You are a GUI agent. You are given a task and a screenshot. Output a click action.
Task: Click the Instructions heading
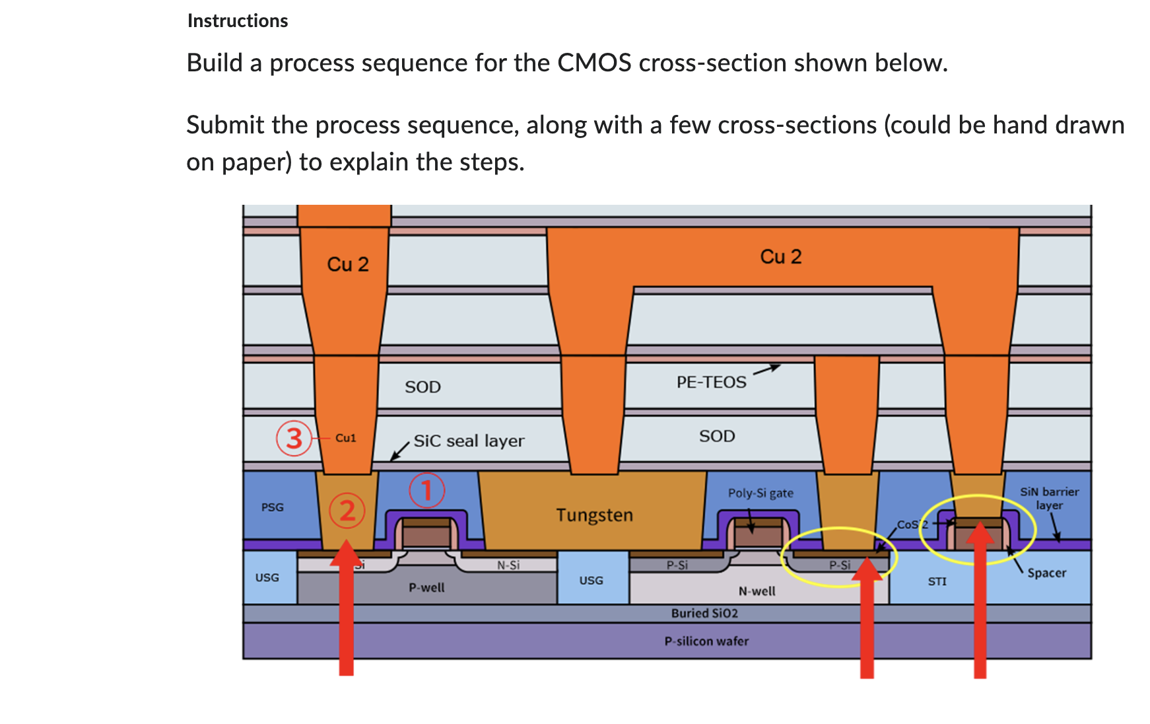coord(238,20)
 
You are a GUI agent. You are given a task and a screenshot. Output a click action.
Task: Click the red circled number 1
coord(426,490)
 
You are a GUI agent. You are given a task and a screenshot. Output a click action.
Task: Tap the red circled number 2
coord(347,511)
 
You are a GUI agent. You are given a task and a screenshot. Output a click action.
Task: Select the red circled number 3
coord(293,438)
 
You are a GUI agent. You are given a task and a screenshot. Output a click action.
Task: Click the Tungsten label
coord(594,515)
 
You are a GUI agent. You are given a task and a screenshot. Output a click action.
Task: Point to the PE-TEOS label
coord(711,382)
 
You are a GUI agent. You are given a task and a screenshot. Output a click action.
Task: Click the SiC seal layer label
coord(469,441)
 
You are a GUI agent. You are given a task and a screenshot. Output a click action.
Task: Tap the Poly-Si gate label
coord(761,493)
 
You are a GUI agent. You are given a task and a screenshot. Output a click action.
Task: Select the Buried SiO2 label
coord(704,613)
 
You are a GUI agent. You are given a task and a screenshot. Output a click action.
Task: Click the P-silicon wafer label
coord(706,641)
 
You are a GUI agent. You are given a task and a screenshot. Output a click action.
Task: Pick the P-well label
coord(426,587)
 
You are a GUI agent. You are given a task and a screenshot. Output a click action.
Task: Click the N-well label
coord(757,591)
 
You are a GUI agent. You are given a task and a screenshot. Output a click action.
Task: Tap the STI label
coord(937,581)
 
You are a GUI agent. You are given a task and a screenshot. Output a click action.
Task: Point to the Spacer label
coord(1046,573)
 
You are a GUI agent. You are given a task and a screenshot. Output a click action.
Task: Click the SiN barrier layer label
coord(1049,498)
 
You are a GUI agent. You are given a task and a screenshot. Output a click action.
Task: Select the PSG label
coord(272,507)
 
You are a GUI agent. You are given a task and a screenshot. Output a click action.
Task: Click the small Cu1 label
coord(345,438)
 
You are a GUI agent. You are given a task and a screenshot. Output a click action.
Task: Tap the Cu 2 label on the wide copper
coord(780,256)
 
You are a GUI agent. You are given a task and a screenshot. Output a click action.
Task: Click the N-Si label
coord(508,565)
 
